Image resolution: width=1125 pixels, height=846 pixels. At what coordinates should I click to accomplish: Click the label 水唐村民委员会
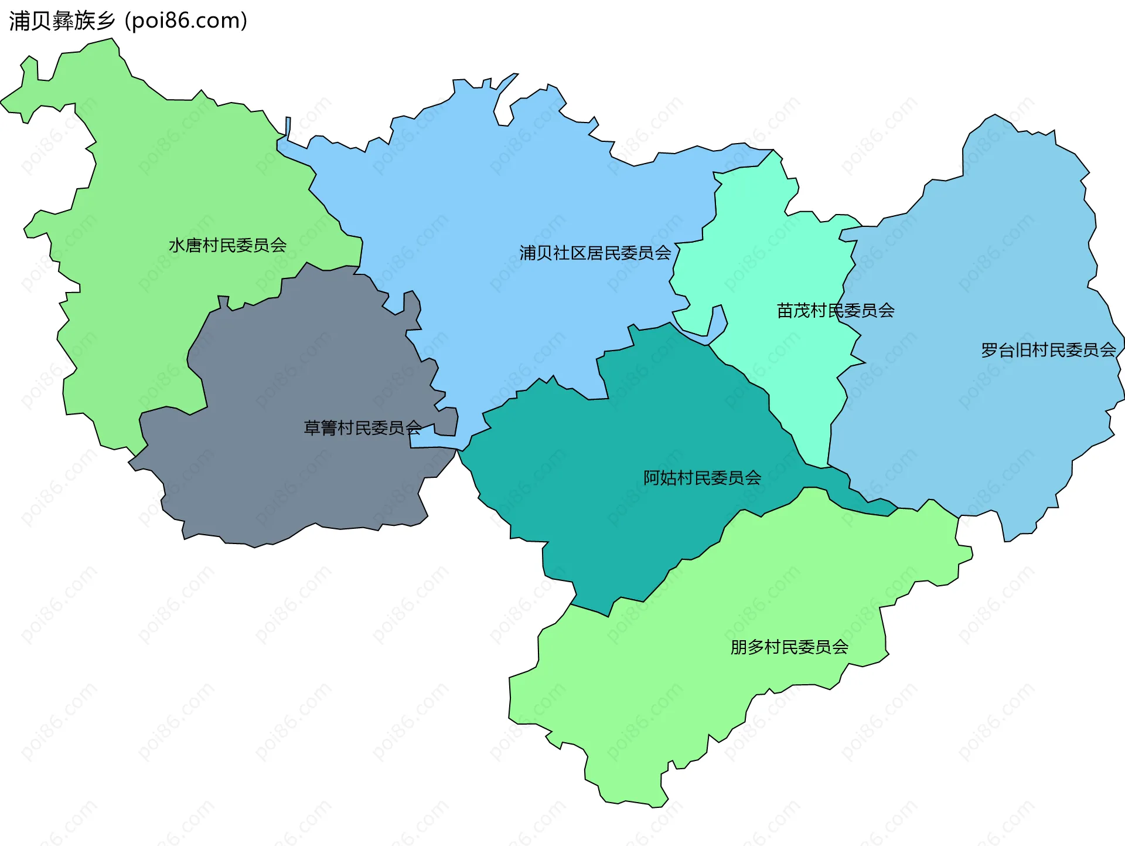[227, 245]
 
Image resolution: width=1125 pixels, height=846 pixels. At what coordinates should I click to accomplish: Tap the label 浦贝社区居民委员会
[595, 253]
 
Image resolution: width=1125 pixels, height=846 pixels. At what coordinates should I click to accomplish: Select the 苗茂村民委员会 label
[835, 310]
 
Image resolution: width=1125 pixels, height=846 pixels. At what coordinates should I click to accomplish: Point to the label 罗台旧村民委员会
[1048, 350]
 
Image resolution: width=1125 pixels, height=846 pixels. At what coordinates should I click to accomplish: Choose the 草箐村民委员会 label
[362, 427]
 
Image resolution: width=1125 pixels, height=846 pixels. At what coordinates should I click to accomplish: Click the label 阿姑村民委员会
[702, 478]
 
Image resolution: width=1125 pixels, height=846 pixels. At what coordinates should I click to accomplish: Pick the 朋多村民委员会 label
[789, 647]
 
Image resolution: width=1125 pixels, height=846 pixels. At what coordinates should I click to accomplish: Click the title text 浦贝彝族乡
[62, 21]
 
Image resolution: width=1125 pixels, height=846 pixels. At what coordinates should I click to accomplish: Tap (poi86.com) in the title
[186, 21]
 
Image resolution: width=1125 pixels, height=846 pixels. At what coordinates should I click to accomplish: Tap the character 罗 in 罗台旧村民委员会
[990, 350]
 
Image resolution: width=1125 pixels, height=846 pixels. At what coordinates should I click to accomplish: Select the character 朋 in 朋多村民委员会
[739, 647]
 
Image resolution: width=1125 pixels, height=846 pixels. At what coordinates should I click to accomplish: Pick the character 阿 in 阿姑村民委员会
[652, 478]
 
